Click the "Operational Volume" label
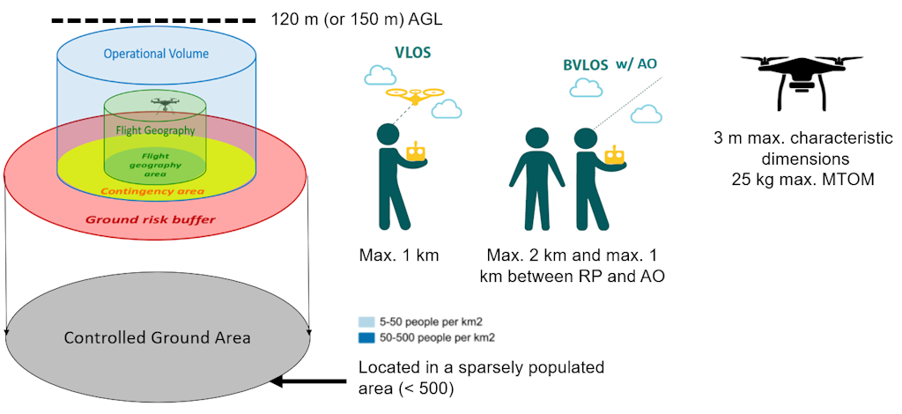pyautogui.click(x=156, y=54)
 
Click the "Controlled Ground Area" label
pyautogui.click(x=157, y=337)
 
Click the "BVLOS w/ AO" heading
pyautogui.click(x=610, y=64)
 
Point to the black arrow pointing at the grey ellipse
pyautogui.click(x=308, y=381)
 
